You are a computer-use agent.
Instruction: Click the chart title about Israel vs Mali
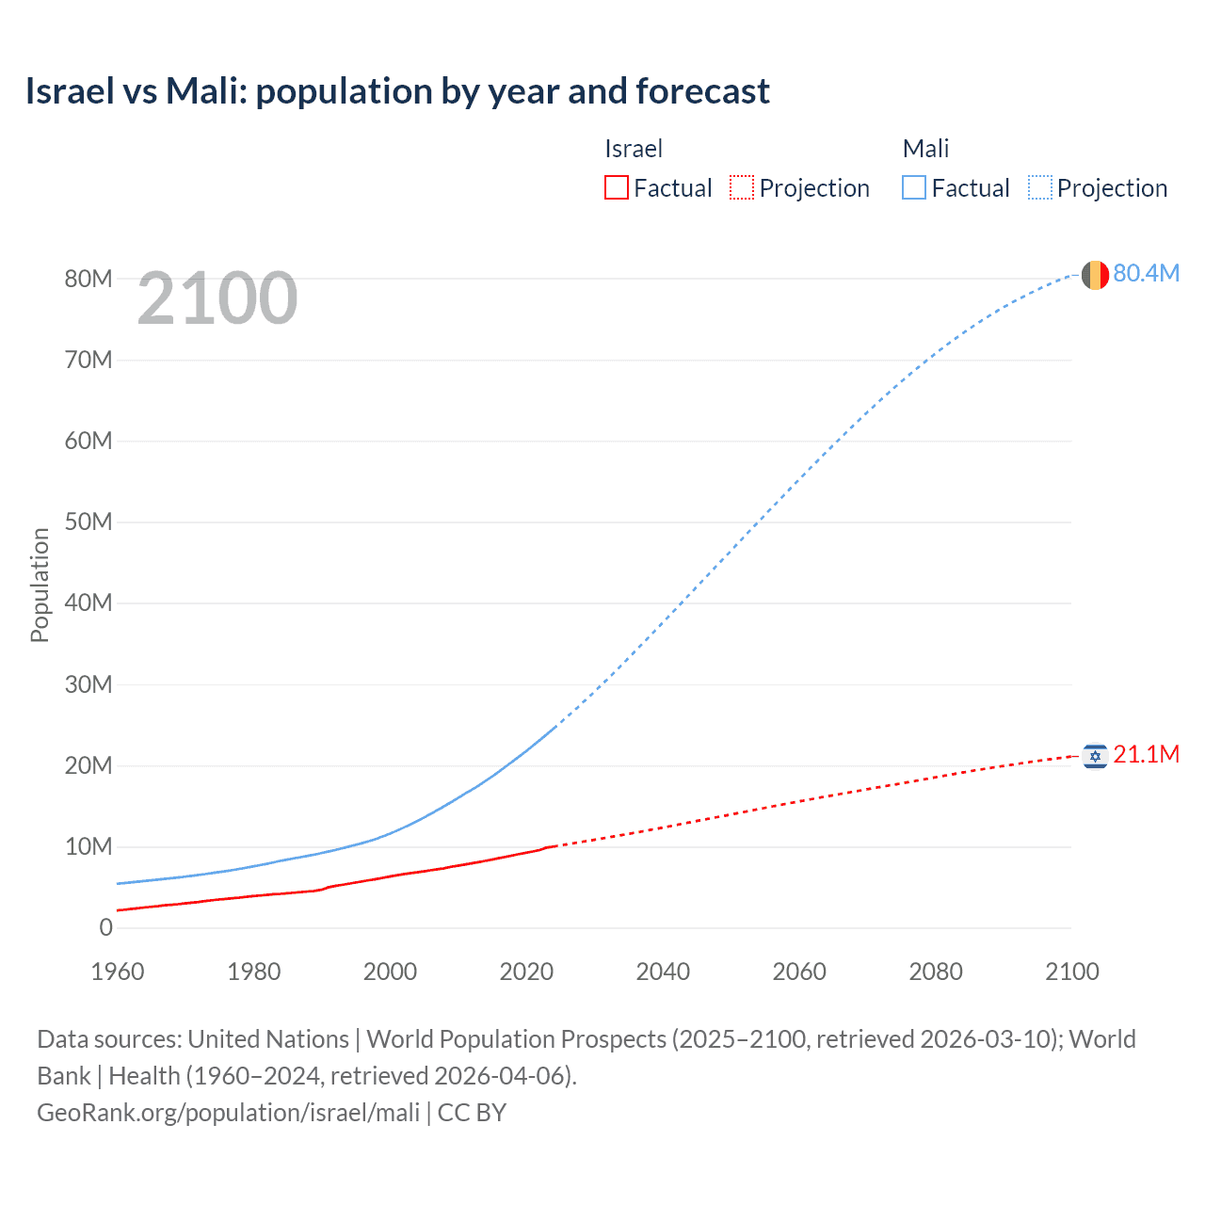(x=397, y=91)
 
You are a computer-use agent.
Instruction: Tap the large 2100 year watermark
(x=217, y=298)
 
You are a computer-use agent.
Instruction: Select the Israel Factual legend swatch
(x=616, y=188)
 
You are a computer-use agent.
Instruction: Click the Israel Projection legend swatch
(x=742, y=188)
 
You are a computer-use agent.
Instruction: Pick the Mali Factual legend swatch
(x=913, y=188)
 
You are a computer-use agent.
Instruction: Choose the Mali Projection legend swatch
(x=1039, y=188)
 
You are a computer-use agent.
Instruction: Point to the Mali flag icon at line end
(x=1094, y=275)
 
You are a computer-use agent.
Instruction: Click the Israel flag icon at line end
(x=1094, y=756)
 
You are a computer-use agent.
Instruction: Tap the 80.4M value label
(x=1146, y=273)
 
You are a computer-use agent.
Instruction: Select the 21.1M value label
(x=1146, y=754)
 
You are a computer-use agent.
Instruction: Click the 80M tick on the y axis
(x=88, y=279)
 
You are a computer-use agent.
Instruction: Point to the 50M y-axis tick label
(x=88, y=522)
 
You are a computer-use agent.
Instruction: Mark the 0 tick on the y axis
(x=105, y=927)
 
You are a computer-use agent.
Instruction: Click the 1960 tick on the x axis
(x=118, y=972)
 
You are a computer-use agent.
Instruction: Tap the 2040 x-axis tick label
(x=663, y=972)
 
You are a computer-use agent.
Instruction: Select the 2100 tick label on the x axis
(x=1071, y=972)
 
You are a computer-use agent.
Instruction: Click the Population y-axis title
(x=40, y=585)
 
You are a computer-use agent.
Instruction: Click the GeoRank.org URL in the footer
(x=228, y=1113)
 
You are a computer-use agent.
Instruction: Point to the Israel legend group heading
(x=633, y=149)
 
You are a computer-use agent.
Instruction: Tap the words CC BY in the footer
(x=472, y=1113)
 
